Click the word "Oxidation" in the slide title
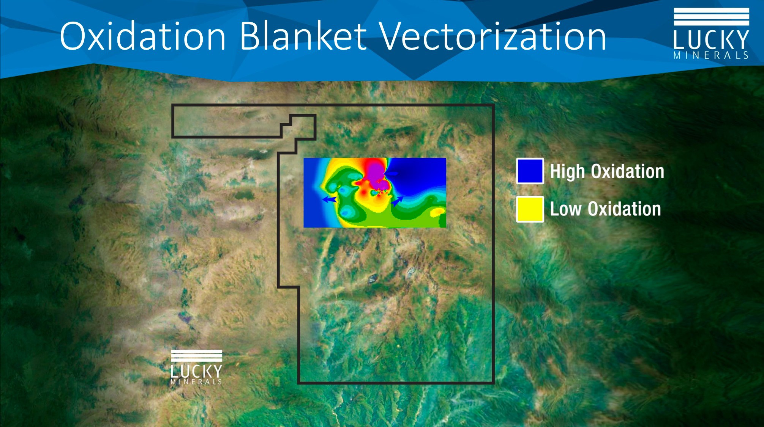tap(143, 36)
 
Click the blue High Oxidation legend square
tap(530, 171)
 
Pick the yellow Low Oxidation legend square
tap(530, 209)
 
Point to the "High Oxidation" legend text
tap(607, 172)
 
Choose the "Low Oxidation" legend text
tap(605, 209)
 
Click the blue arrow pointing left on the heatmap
tap(329, 199)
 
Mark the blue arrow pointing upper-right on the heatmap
tap(397, 201)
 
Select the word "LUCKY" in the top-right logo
tap(711, 39)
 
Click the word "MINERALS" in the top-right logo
tap(711, 55)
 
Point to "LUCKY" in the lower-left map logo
tap(196, 371)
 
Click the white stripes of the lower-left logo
tap(196, 356)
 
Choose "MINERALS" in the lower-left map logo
tap(196, 382)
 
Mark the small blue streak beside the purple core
tap(391, 173)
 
